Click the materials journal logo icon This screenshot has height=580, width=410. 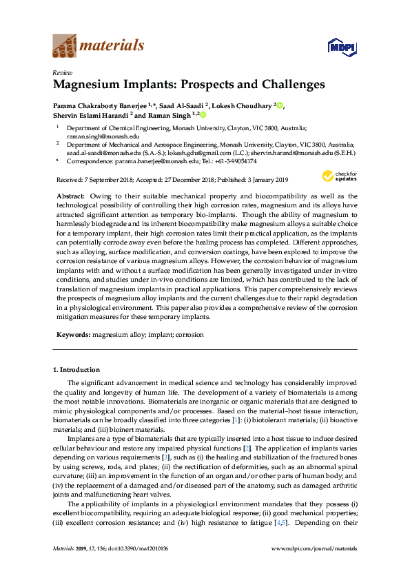tap(65, 45)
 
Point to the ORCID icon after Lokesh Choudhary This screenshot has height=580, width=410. tap(280, 105)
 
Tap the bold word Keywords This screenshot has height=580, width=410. tap(73, 334)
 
